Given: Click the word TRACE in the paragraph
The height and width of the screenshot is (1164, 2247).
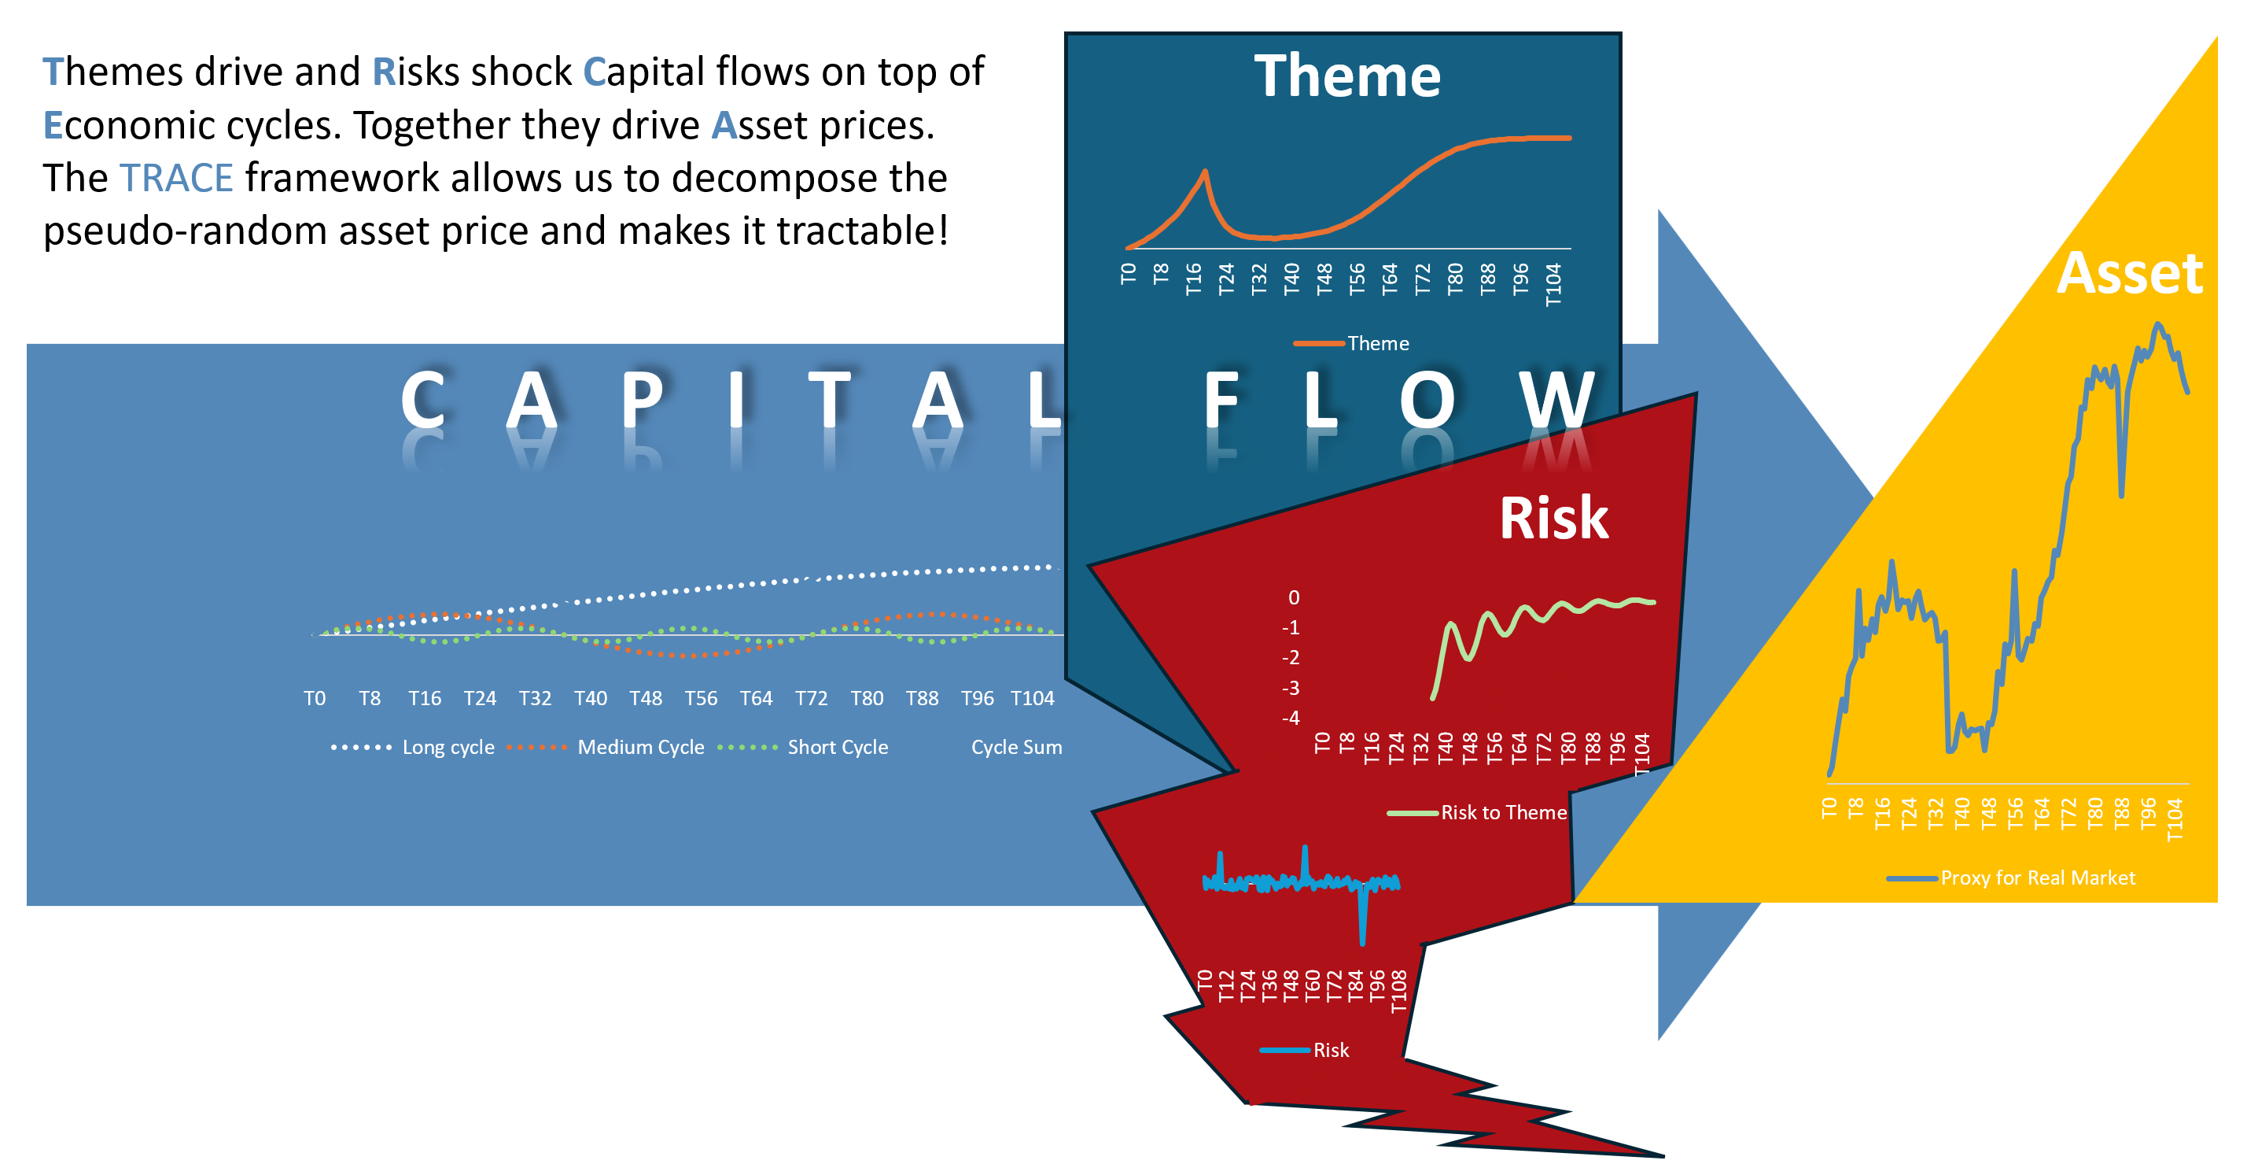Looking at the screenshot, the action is point(177,178).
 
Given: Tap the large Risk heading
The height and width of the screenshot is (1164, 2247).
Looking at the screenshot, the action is point(1553,519).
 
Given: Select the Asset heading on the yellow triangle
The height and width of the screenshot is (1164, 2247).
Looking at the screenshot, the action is point(2129,273).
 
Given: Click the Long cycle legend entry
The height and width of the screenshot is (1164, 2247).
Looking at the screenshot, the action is point(413,747).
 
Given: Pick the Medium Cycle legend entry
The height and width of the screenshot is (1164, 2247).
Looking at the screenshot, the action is point(606,747).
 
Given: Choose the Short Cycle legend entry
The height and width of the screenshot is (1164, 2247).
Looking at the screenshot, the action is point(802,747).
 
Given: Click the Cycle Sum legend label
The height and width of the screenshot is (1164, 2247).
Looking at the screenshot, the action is point(1016,747).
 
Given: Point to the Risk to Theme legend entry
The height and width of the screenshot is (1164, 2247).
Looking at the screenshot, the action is point(1477,812).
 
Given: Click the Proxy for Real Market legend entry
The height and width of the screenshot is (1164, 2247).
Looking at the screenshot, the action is point(2010,878).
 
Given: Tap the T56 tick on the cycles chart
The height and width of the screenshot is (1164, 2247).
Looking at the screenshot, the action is point(701,698).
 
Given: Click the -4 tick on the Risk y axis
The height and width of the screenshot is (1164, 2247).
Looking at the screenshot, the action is point(1290,718).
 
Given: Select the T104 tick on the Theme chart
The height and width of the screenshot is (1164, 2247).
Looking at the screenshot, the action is point(1553,284).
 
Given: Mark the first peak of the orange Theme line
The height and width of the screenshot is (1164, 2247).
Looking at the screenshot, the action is point(1205,171).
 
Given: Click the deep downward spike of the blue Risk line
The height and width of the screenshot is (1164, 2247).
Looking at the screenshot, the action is point(1361,941).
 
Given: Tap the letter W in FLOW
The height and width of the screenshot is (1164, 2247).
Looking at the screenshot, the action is point(1557,400).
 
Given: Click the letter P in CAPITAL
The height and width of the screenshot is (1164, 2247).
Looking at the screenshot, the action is point(643,400).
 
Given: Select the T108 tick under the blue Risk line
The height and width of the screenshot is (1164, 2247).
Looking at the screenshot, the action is point(1398,991).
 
